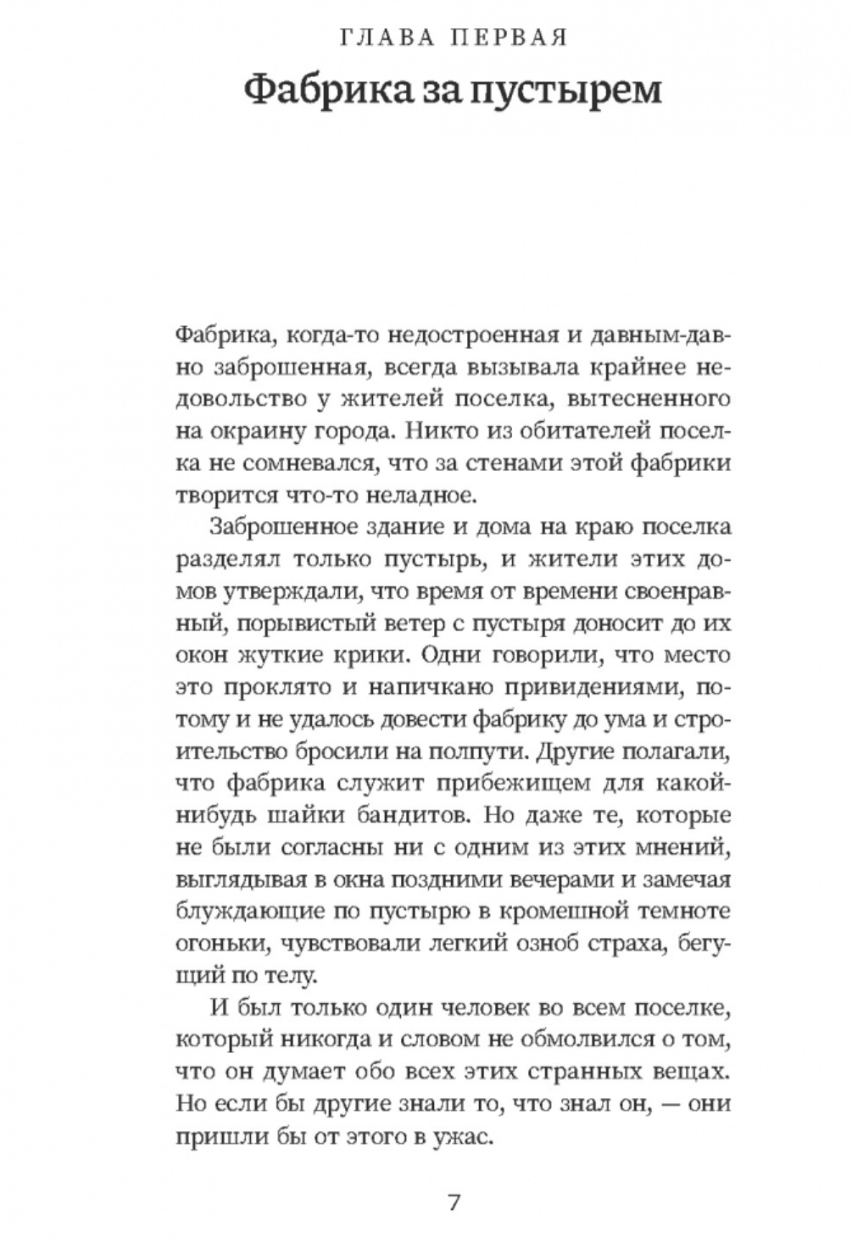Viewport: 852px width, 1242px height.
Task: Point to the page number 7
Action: pos(453,1203)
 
